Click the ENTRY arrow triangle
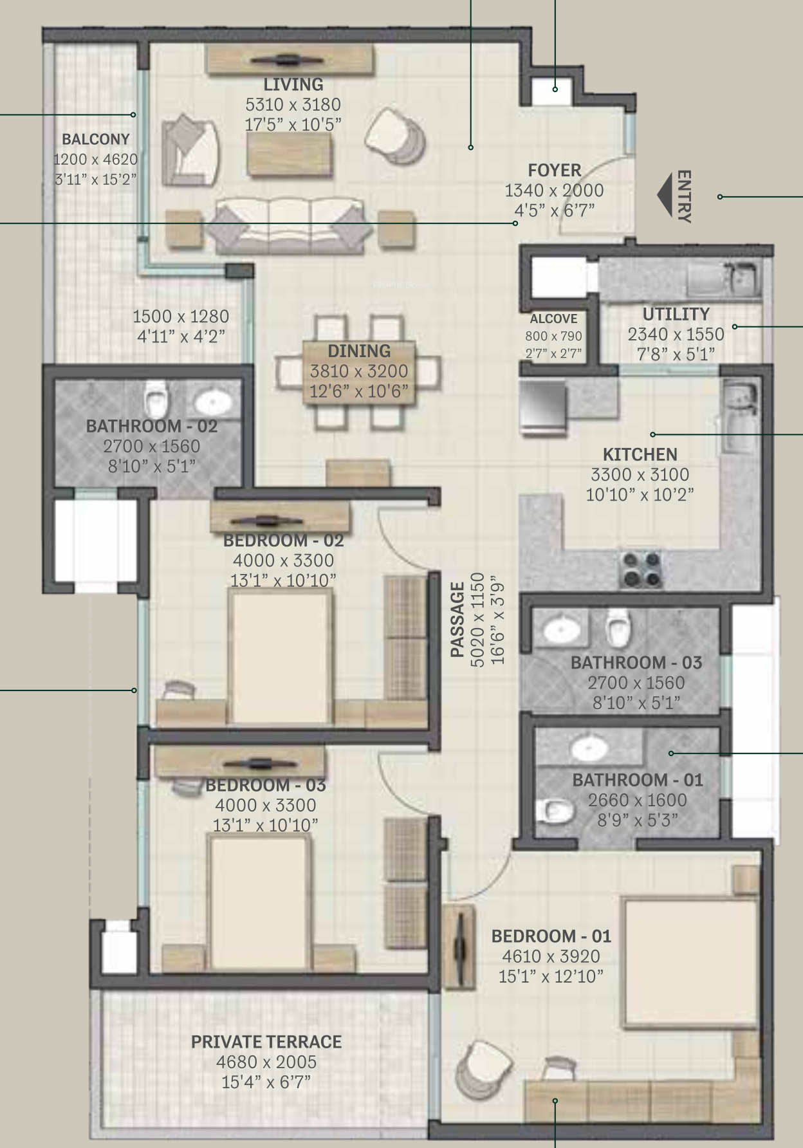pos(664,194)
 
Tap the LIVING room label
pos(293,84)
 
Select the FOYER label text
pos(555,171)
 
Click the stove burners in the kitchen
pos(640,569)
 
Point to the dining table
pos(359,371)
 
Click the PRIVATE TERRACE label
pos(266,1042)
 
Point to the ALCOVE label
pos(553,319)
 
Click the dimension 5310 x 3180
pos(293,105)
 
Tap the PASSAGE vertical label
pos(457,620)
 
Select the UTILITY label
pos(676,314)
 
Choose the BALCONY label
pos(96,139)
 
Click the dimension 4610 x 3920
pos(551,956)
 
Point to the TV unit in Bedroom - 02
pos(280,517)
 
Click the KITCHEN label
pos(640,454)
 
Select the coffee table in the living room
pos(290,156)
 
